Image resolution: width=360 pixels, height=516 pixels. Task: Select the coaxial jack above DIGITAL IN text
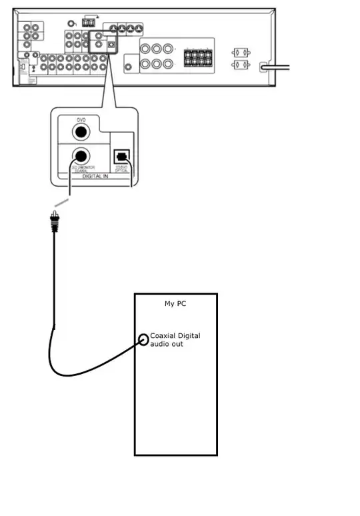(81, 157)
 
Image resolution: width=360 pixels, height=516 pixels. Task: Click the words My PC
(176, 303)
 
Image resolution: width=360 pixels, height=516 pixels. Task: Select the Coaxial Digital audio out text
(175, 340)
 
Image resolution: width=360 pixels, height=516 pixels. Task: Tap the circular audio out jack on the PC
(144, 339)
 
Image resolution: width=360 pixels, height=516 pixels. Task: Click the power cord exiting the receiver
(280, 67)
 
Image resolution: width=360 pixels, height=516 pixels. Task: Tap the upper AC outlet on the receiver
(239, 53)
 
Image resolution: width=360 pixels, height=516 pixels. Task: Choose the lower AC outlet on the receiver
(239, 65)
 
